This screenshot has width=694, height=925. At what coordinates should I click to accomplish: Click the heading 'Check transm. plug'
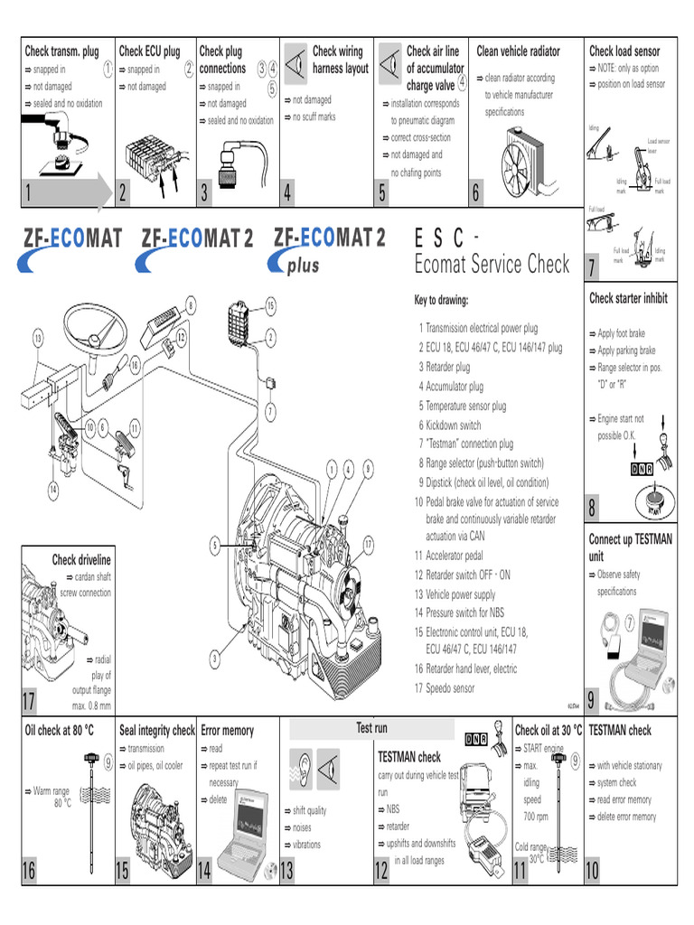pyautogui.click(x=61, y=51)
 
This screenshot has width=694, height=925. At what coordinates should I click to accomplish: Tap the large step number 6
pyautogui.click(x=477, y=193)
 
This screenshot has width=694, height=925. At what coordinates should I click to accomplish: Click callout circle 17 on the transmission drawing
pyautogui.click(x=369, y=543)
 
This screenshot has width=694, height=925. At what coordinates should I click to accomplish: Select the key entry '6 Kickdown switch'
pyautogui.click(x=449, y=425)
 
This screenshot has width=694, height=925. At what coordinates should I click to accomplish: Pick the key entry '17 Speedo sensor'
pyautogui.click(x=445, y=688)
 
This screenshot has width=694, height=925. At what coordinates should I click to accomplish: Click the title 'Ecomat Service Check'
pyautogui.click(x=492, y=264)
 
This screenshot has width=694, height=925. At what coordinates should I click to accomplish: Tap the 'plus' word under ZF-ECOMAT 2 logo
pyautogui.click(x=303, y=266)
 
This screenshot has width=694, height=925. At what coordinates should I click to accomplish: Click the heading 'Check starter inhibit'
pyautogui.click(x=628, y=298)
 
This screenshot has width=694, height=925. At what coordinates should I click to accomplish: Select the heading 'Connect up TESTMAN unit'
pyautogui.click(x=630, y=547)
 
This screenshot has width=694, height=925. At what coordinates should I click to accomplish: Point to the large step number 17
pyautogui.click(x=31, y=702)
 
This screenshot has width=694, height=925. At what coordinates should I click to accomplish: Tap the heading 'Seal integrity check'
pyautogui.click(x=156, y=730)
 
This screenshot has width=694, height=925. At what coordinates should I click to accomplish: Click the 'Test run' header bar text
pyautogui.click(x=371, y=727)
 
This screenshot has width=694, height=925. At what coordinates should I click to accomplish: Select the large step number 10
pyautogui.click(x=592, y=871)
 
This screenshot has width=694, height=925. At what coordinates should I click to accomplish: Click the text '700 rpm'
pyautogui.click(x=536, y=817)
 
